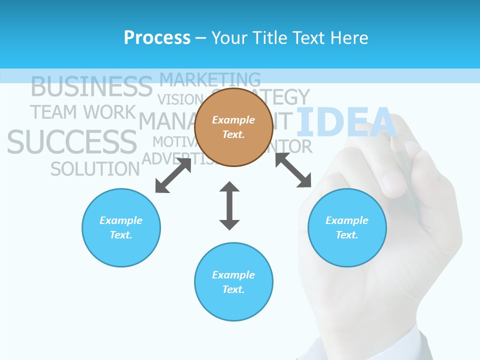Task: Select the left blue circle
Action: click(x=121, y=228)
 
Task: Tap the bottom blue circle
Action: click(x=233, y=282)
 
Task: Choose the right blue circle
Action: click(x=347, y=228)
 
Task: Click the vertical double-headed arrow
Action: click(x=229, y=206)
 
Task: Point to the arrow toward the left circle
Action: click(x=173, y=175)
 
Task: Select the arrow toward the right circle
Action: click(x=293, y=170)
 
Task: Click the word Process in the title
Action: click(x=157, y=38)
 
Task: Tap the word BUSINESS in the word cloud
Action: click(x=91, y=87)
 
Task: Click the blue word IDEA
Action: click(x=346, y=122)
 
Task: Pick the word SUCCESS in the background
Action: click(x=72, y=142)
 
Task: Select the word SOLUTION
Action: click(x=95, y=169)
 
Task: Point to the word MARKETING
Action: click(x=210, y=79)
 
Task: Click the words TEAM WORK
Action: click(x=83, y=112)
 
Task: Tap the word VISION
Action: click(x=179, y=99)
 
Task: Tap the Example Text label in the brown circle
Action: click(x=233, y=127)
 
